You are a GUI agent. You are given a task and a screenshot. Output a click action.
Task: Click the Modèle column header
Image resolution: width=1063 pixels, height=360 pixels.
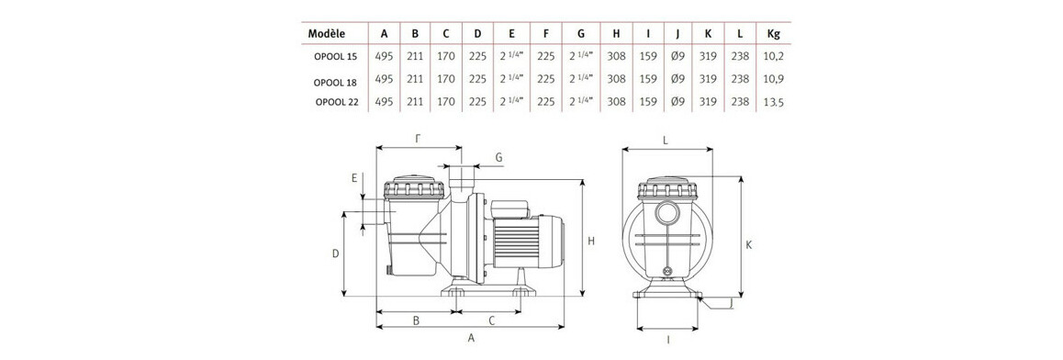(327, 33)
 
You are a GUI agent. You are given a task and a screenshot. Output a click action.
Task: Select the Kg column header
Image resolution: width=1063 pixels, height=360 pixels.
(772, 33)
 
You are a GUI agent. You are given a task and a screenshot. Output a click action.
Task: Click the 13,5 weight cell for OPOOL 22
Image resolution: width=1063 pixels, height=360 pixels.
(773, 103)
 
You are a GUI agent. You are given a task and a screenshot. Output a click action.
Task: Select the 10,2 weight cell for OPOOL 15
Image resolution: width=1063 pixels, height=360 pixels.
(773, 56)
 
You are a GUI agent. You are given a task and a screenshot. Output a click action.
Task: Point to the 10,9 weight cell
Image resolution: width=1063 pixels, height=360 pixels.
(773, 80)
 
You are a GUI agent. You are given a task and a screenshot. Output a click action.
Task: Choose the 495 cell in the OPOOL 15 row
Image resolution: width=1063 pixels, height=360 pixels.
(384, 56)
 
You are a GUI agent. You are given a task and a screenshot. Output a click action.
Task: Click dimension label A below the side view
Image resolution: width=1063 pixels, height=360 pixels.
(472, 338)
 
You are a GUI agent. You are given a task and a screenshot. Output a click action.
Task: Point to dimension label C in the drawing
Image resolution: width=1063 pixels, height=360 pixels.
(492, 321)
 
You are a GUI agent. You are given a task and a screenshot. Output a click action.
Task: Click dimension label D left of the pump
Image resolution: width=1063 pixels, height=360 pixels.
(336, 253)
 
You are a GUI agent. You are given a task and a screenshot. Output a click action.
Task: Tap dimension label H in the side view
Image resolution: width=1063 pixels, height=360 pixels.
(592, 241)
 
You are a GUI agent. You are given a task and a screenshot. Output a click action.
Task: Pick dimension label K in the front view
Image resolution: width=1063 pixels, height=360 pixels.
(750, 244)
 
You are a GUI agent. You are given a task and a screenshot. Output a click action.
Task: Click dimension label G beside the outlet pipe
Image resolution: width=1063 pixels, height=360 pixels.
(498, 158)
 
